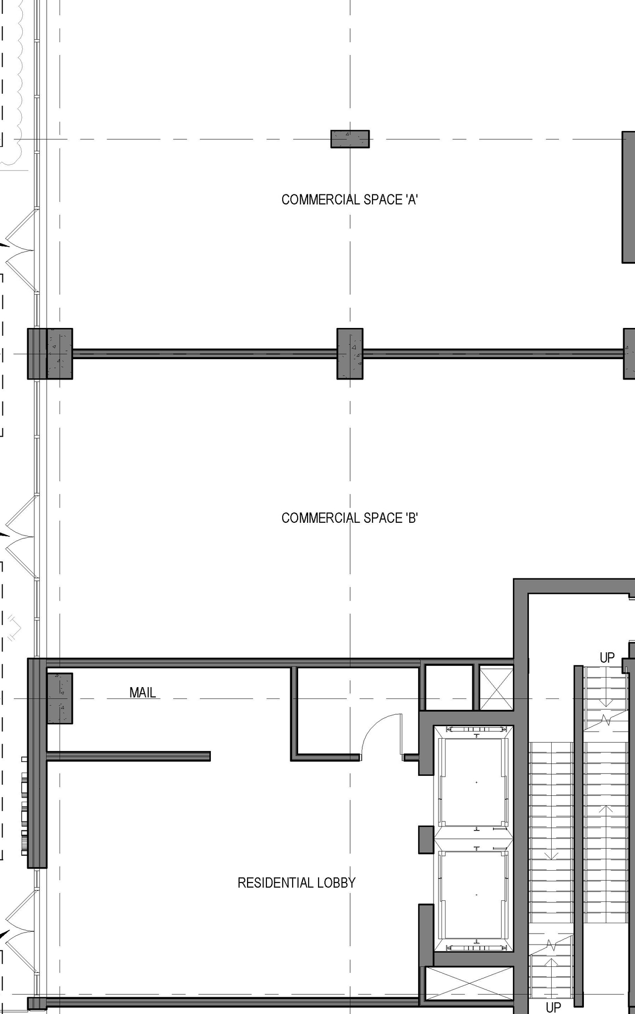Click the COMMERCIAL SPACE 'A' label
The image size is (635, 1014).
[x=349, y=199]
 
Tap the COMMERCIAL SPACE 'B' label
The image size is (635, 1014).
[x=349, y=518]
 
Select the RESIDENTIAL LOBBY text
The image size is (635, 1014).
[x=296, y=883]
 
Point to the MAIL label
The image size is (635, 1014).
[x=142, y=693]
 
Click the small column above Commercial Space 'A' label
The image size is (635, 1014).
[x=350, y=139]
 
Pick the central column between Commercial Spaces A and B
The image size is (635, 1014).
[x=350, y=354]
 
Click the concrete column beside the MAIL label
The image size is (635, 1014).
[x=60, y=698]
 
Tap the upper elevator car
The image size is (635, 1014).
[x=473, y=782]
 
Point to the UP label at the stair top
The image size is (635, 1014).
[x=607, y=658]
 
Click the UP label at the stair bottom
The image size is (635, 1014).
[x=553, y=1007]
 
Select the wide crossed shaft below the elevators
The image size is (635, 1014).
[x=469, y=983]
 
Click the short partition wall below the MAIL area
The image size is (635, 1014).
[x=128, y=756]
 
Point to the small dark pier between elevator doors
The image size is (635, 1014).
[x=426, y=839]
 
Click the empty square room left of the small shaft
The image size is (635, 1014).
[x=449, y=688]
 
